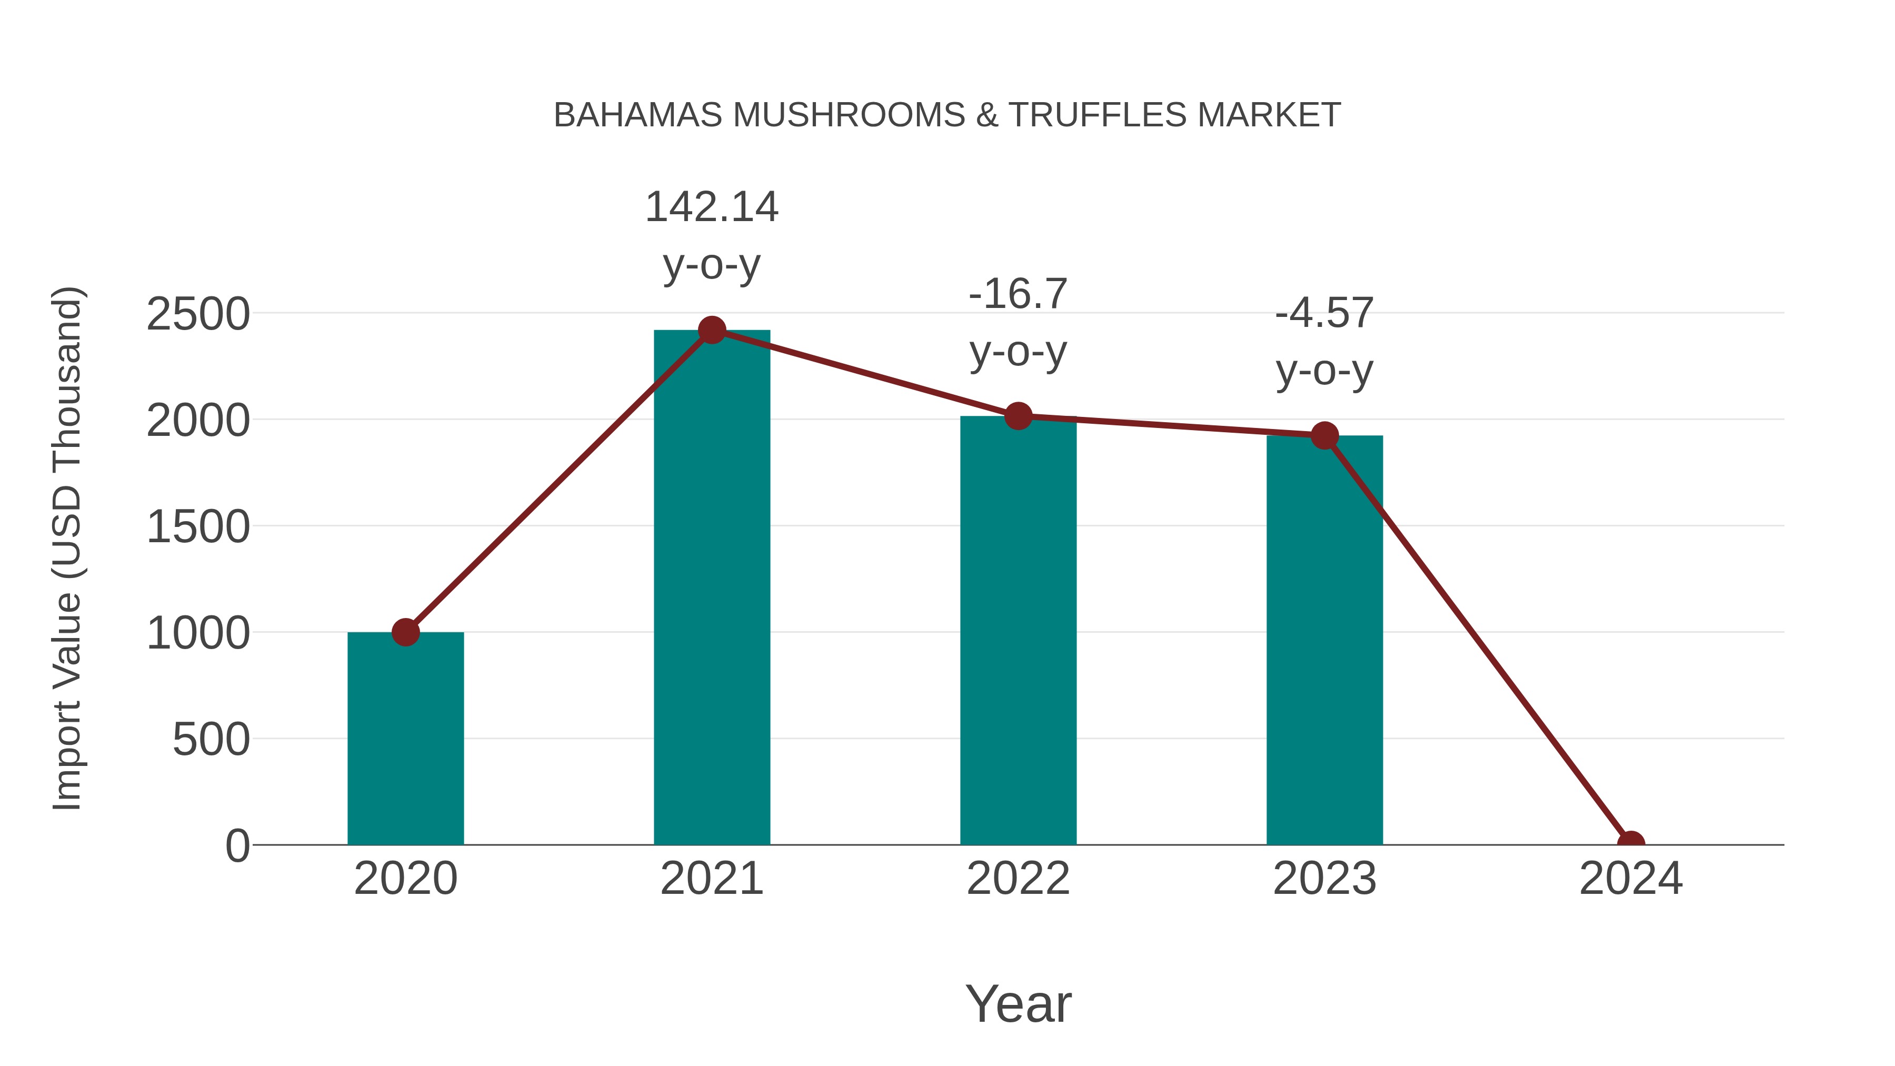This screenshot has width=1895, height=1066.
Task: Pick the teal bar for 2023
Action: tap(1324, 640)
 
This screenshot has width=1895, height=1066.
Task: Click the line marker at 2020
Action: tap(405, 632)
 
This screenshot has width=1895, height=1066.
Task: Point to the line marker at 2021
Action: tap(711, 330)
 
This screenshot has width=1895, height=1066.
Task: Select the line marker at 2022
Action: tap(1018, 416)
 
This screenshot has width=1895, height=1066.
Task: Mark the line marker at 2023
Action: tap(1324, 435)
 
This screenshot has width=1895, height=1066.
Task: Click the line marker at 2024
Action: tap(1631, 843)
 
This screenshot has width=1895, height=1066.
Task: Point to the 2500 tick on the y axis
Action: tap(198, 314)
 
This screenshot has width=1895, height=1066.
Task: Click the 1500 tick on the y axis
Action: tap(198, 527)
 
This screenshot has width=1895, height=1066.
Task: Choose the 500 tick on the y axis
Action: tap(211, 740)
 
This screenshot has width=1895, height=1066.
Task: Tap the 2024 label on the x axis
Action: tap(1631, 879)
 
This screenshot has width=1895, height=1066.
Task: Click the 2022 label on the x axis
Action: tap(1018, 879)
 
